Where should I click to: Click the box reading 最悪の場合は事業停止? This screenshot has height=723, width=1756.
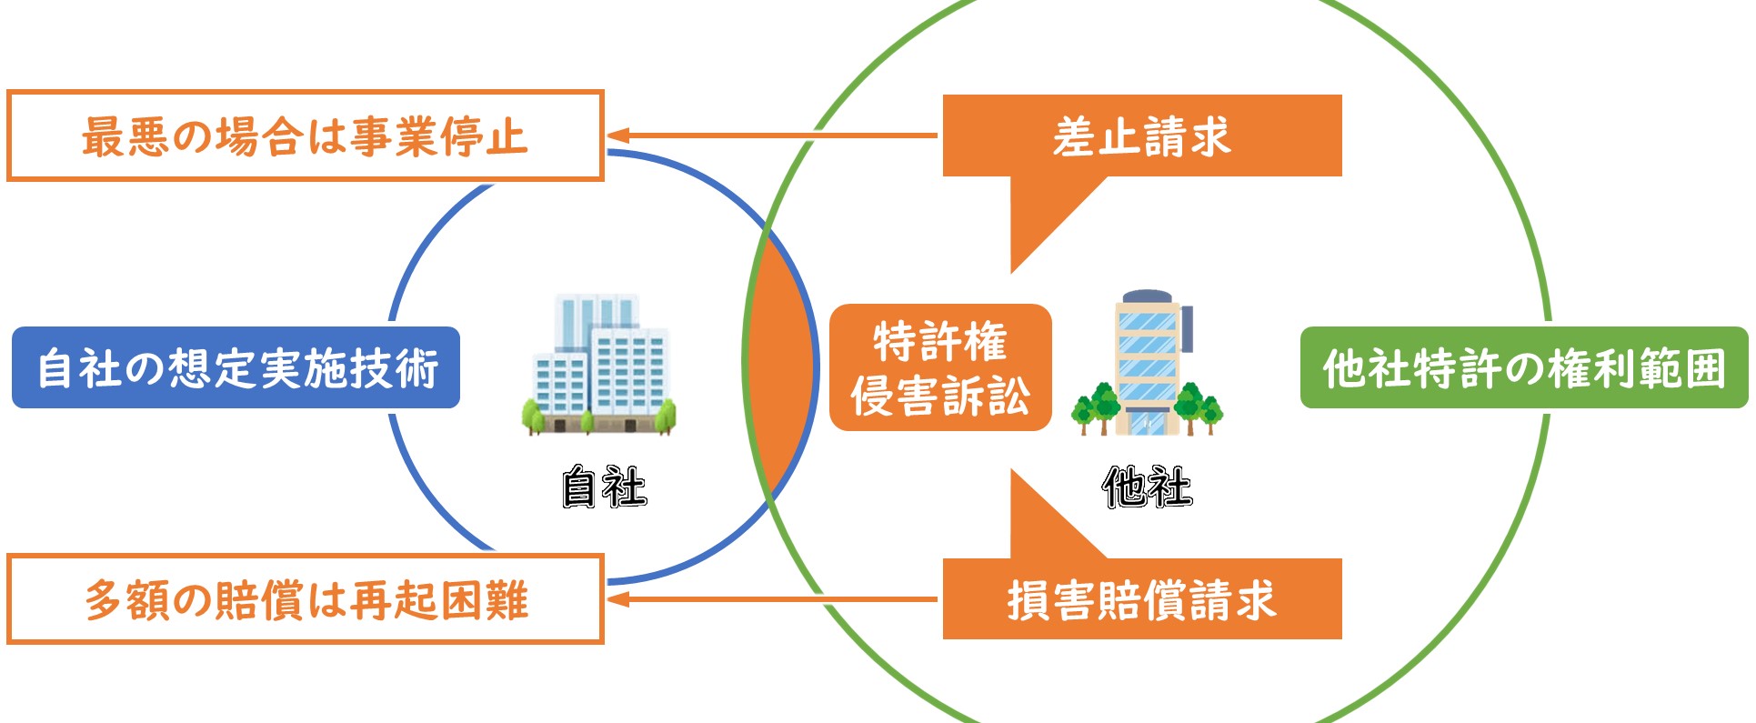pos(306,136)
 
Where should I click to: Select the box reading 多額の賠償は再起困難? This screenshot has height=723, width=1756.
pos(306,599)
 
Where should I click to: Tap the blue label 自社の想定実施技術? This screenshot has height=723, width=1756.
pos(236,367)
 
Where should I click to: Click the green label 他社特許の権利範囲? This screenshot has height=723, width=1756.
pos(1524,367)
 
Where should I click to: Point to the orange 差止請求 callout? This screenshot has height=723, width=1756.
pos(1142,136)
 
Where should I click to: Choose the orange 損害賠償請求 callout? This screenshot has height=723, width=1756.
pos(1142,599)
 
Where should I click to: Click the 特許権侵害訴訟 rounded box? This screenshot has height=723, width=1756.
pos(940,367)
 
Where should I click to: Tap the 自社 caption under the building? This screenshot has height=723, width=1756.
pos(604,487)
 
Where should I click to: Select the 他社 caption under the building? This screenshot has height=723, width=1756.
pos(1147,487)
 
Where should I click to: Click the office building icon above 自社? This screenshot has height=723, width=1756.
pos(599,364)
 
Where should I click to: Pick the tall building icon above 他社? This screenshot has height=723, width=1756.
pos(1148,362)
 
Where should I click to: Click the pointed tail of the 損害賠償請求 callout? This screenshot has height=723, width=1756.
pos(1013,470)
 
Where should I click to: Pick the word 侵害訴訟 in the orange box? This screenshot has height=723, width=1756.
pos(940,397)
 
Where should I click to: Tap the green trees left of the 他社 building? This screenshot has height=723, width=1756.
pos(1094,408)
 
